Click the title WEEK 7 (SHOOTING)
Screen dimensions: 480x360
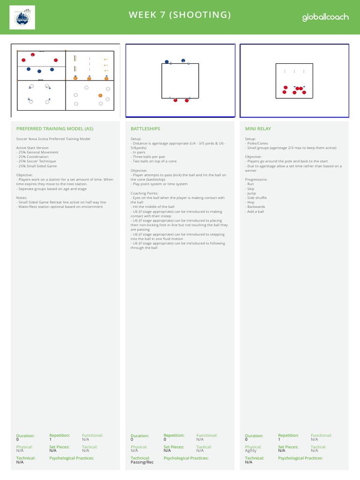click(180, 15)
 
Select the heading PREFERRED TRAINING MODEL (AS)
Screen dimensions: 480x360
click(54, 128)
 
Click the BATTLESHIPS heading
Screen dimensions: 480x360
click(145, 128)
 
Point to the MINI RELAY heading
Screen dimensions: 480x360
click(258, 128)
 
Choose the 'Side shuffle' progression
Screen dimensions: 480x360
click(256, 198)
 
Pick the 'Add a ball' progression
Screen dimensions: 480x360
click(255, 211)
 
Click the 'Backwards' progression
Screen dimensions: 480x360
click(255, 207)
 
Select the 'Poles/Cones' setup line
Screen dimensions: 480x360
click(256, 143)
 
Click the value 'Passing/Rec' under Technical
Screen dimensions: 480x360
click(142, 462)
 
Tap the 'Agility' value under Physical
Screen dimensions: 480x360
click(251, 450)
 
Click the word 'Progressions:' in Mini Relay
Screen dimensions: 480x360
click(256, 180)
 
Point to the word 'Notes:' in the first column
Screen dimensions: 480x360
click(22, 198)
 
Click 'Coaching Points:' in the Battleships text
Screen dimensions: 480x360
click(145, 193)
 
